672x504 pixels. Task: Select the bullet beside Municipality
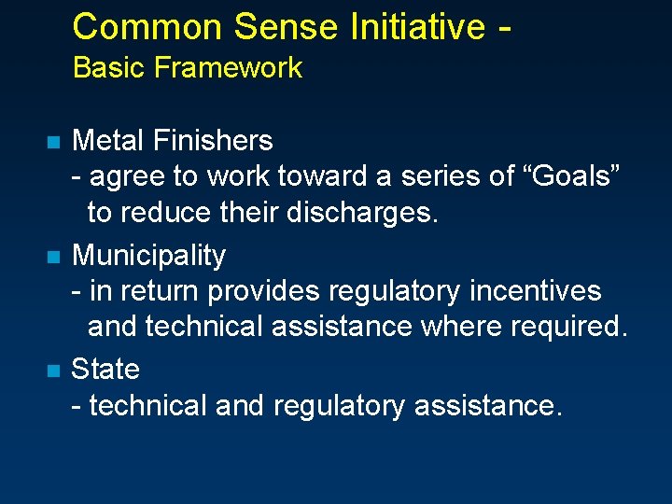(52, 257)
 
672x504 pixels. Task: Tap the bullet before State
(52, 371)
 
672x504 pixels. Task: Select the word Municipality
(148, 256)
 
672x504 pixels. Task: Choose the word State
(105, 369)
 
